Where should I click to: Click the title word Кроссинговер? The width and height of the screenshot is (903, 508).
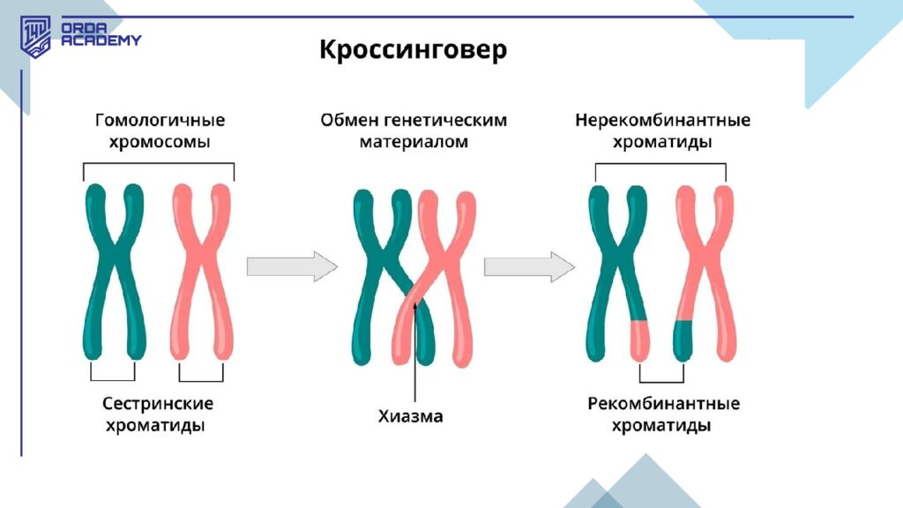[413, 49]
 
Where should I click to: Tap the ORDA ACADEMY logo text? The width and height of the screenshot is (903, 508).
[101, 34]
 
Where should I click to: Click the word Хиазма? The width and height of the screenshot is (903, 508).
[411, 416]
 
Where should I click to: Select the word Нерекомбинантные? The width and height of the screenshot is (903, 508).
[662, 120]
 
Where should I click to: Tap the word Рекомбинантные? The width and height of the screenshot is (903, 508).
[663, 404]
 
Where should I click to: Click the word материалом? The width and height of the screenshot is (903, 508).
[413, 142]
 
